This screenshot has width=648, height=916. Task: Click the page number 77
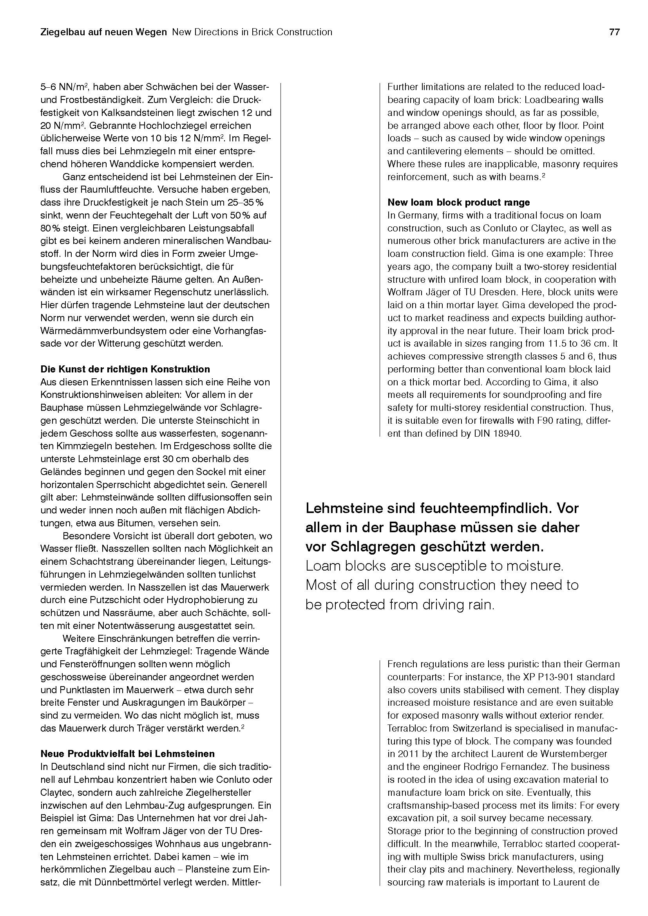click(x=614, y=32)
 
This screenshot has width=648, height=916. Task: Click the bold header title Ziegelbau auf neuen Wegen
click(x=103, y=32)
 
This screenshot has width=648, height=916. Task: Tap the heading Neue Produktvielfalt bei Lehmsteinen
click(x=127, y=753)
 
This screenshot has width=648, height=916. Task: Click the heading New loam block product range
click(x=458, y=202)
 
